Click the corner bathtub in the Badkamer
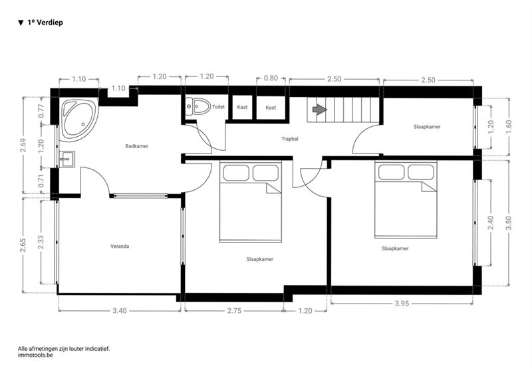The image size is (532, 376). coord(79,120)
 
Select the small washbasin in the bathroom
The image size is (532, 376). coord(67,159)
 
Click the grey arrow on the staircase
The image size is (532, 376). coord(319,110)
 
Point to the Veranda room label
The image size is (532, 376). coord(120,246)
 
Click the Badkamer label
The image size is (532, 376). coord(137,146)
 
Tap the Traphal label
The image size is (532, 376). coord(290,139)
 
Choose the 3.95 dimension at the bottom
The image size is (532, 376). coord(402,304)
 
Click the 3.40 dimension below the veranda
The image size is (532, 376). coord(120,310)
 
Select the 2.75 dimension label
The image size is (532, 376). coord(234,310)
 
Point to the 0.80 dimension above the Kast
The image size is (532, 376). coord(271,78)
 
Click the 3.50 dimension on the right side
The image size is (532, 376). coord(508,223)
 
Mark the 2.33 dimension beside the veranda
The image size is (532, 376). coord(41,242)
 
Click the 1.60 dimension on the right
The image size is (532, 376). coord(508,127)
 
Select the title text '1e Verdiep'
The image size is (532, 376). coord(45,23)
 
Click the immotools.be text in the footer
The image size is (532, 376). coord(35,355)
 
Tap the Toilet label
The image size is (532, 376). coord(219,107)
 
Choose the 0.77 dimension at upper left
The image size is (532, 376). coord(41,111)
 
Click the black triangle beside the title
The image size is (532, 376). coord(21,23)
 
